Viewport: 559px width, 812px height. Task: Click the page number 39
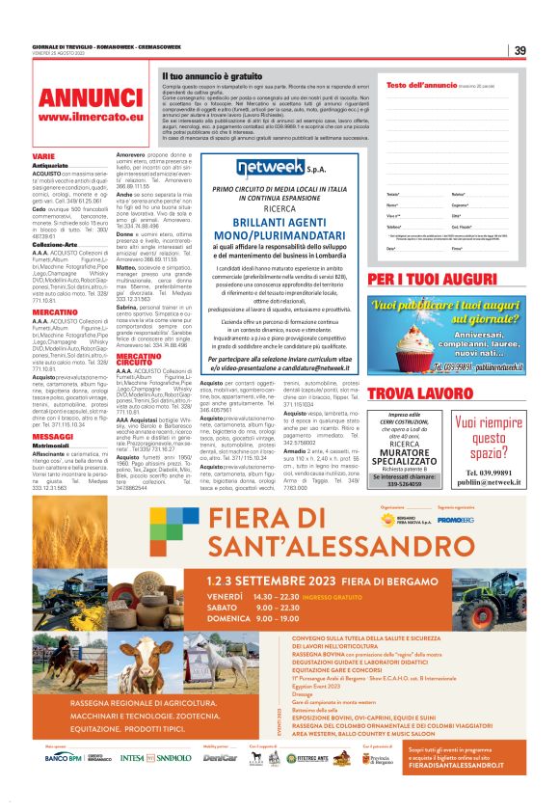click(519, 50)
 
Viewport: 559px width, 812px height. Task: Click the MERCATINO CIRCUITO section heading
click(139, 359)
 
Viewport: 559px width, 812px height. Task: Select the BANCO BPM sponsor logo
click(65, 758)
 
